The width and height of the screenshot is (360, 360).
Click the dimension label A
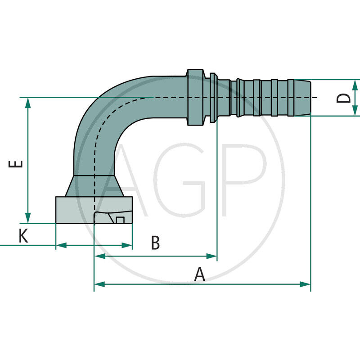pos(199,274)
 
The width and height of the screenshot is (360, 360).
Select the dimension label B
pos(155,243)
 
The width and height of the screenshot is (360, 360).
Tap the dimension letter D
pos(344,98)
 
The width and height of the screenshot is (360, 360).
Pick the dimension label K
pos(23,236)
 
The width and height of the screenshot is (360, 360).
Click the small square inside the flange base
pos(120,220)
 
